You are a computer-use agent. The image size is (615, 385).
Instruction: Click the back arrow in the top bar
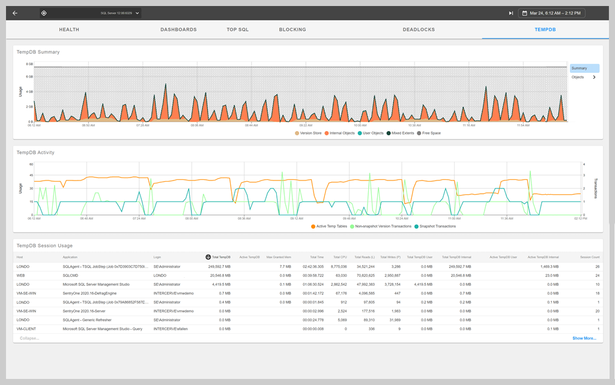coord(15,13)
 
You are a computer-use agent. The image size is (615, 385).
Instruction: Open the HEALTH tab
coord(69,29)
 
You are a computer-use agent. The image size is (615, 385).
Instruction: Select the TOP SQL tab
coord(237,29)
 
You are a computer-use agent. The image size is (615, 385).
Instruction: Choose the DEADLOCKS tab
coord(419,29)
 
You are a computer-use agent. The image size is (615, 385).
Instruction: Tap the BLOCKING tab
coord(292,29)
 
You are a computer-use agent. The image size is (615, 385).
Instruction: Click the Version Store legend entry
coord(309,133)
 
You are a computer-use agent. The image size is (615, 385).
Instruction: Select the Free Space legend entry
coord(431,133)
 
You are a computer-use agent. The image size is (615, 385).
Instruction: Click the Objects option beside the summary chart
coord(578,77)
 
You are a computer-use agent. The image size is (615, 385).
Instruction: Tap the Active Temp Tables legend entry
coord(330,226)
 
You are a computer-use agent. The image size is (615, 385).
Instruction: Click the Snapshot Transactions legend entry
coord(437,226)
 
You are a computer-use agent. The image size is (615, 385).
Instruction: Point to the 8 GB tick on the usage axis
coord(29,64)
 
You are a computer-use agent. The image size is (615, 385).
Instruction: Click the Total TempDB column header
coord(220,257)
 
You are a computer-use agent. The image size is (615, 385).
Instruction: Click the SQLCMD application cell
coord(71,275)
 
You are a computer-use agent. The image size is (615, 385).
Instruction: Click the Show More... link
coord(584,338)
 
